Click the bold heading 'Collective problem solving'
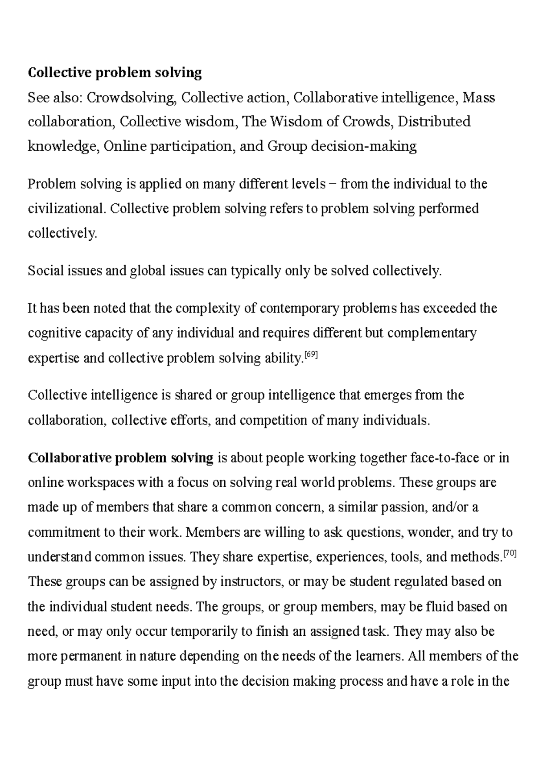115,72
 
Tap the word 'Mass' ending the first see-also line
479,97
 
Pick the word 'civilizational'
67,208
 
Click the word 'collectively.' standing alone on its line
62,233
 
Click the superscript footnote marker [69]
311,355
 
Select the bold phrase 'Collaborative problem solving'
120,458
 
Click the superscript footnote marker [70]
509,554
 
